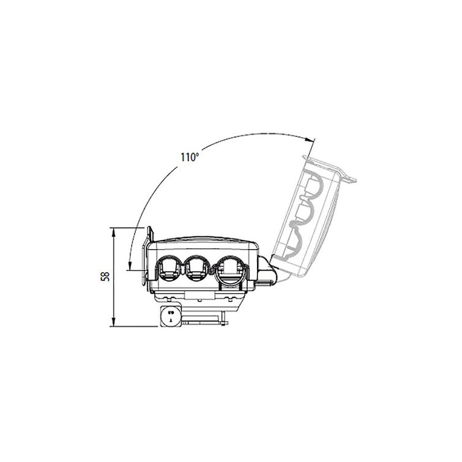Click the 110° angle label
point(190,157)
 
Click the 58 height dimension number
point(105,277)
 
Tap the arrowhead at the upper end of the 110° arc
point(310,140)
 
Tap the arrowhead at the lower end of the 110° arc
point(129,265)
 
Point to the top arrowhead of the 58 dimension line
point(114,231)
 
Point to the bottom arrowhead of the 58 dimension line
point(114,322)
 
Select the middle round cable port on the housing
point(197,267)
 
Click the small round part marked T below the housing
point(171,316)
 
